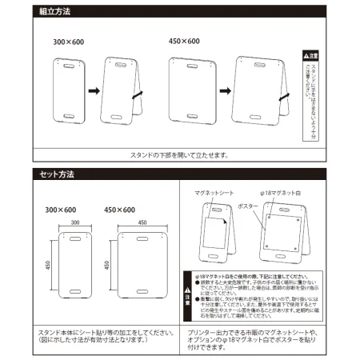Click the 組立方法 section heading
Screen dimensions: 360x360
(55, 12)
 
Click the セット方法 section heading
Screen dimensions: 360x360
(56, 171)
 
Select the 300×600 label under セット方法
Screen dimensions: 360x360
(63, 210)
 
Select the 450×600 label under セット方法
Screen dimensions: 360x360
(120, 210)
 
